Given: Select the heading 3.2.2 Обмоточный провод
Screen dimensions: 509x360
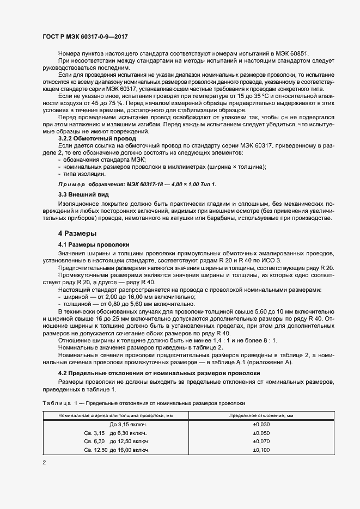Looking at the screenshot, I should [x=97, y=139].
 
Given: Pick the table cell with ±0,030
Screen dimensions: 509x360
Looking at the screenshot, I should [x=261, y=424].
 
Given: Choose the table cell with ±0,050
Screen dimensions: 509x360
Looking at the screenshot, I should [x=261, y=433].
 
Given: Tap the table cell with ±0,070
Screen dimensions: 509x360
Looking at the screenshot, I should [x=261, y=441].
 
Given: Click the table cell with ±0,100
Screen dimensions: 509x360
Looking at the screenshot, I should [x=261, y=450].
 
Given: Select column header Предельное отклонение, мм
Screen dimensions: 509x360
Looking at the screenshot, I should [x=261, y=415].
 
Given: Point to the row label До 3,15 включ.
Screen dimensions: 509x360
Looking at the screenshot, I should [x=129, y=424].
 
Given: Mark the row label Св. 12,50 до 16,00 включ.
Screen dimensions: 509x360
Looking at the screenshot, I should [x=117, y=450].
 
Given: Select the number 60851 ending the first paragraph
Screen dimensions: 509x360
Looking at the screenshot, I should [x=297, y=53].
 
